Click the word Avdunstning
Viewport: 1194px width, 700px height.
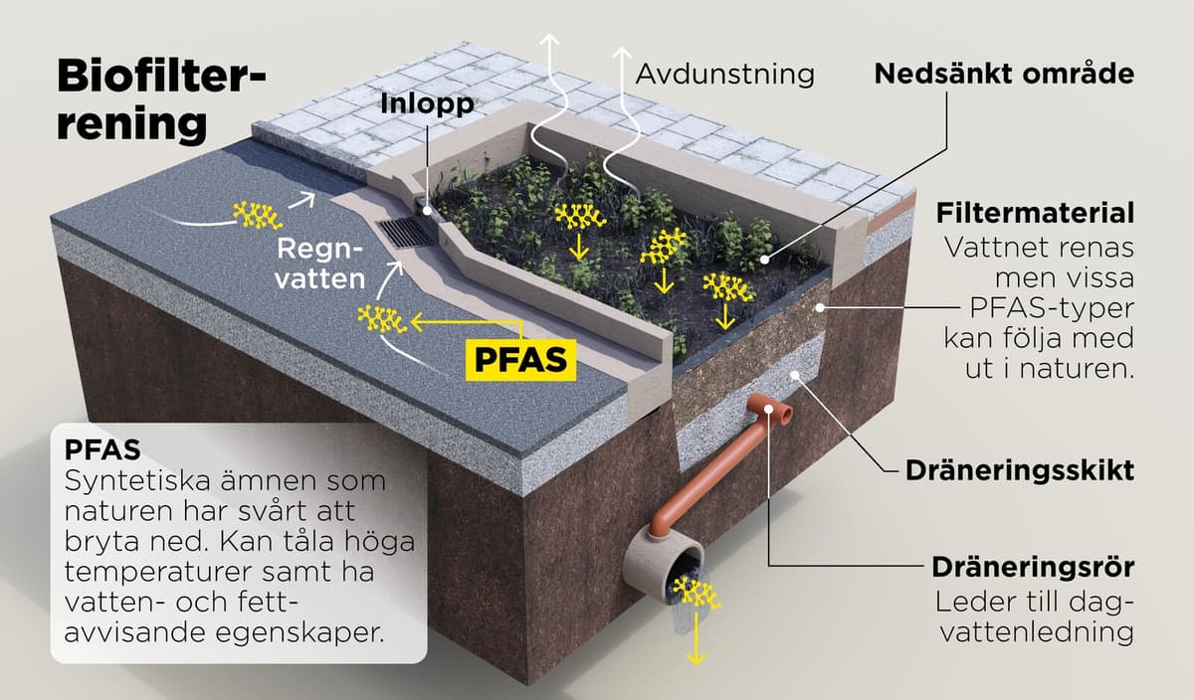coord(723,74)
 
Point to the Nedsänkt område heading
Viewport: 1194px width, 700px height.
coord(1004,74)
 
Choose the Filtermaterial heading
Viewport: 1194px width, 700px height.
coord(1035,213)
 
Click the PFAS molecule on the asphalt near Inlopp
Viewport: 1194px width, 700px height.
coord(257,213)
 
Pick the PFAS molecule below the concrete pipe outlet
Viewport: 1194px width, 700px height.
coord(694,595)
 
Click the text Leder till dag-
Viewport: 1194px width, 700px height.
coord(1035,603)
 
